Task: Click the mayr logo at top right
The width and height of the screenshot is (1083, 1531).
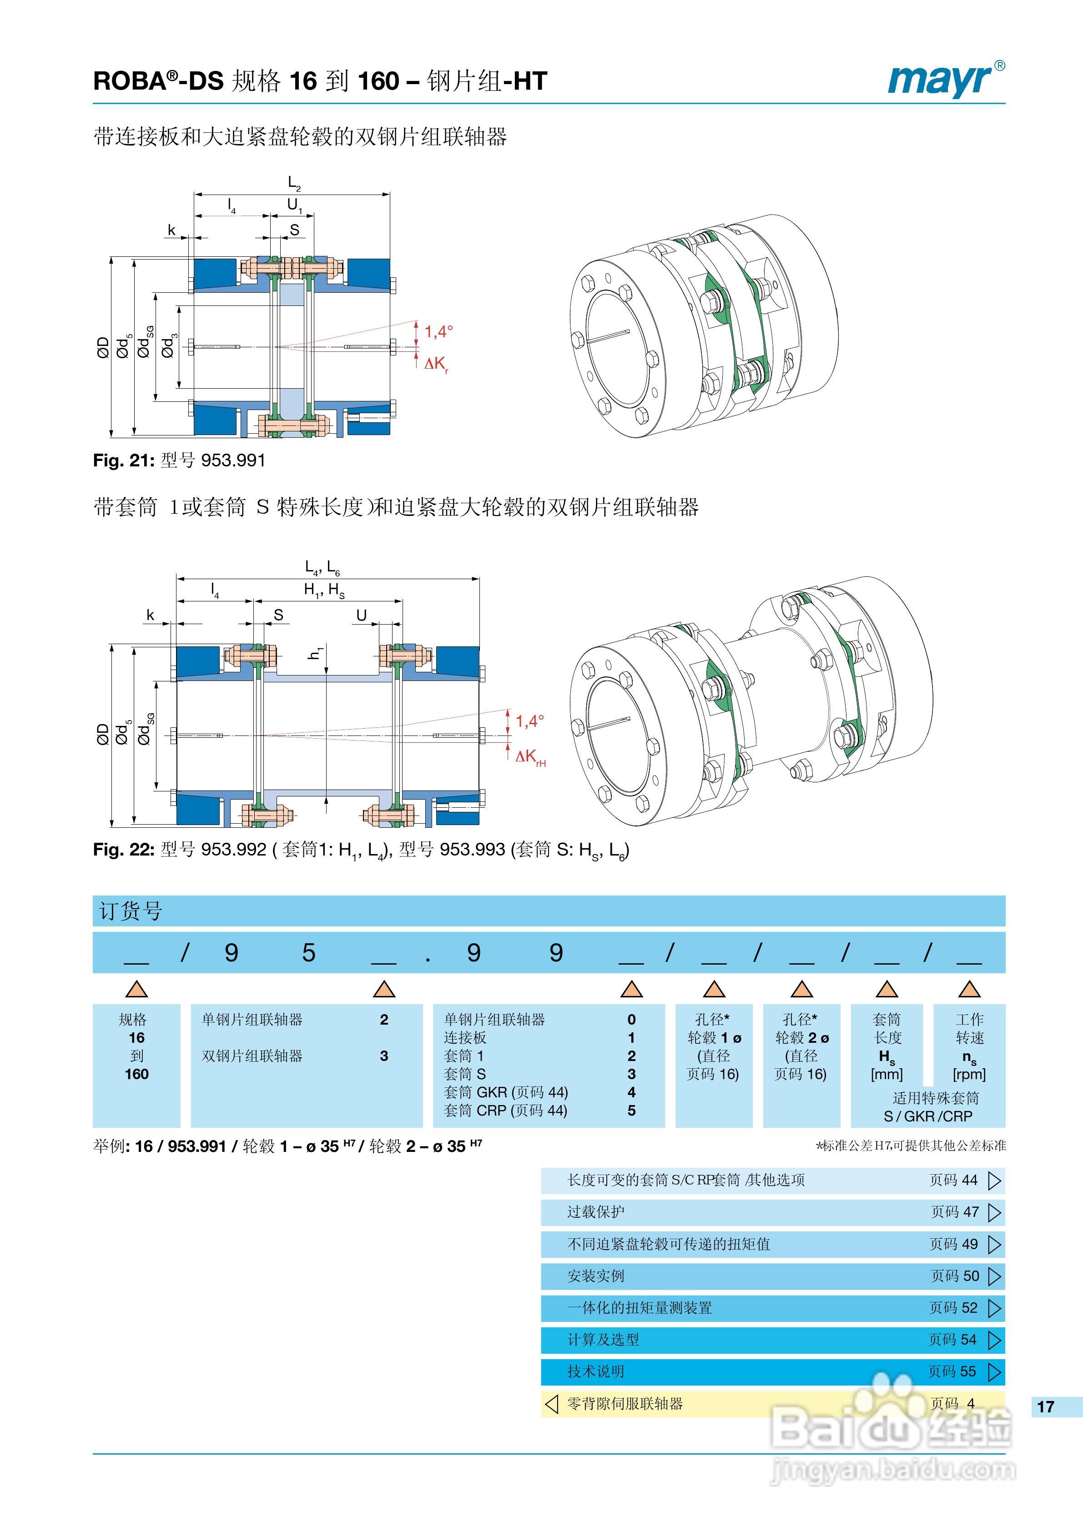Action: coord(944,80)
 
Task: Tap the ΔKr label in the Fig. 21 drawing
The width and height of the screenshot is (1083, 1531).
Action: coord(436,364)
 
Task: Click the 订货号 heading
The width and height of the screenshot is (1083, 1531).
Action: coord(131,911)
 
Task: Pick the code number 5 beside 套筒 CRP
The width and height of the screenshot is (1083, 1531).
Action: coord(631,1110)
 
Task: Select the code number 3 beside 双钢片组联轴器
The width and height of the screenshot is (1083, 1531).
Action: coord(384,1056)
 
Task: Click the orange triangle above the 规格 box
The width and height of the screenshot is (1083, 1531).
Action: coord(137,989)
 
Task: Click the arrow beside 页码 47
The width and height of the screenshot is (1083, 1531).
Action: coord(994,1212)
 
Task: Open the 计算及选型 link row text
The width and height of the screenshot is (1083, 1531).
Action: coord(603,1340)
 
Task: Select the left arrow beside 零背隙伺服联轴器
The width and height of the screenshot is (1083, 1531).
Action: coord(551,1404)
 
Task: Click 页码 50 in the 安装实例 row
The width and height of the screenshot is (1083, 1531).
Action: coord(955,1276)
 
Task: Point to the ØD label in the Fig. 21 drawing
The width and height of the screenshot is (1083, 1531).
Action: coord(103,347)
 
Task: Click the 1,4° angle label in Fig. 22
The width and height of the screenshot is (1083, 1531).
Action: coord(530,721)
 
